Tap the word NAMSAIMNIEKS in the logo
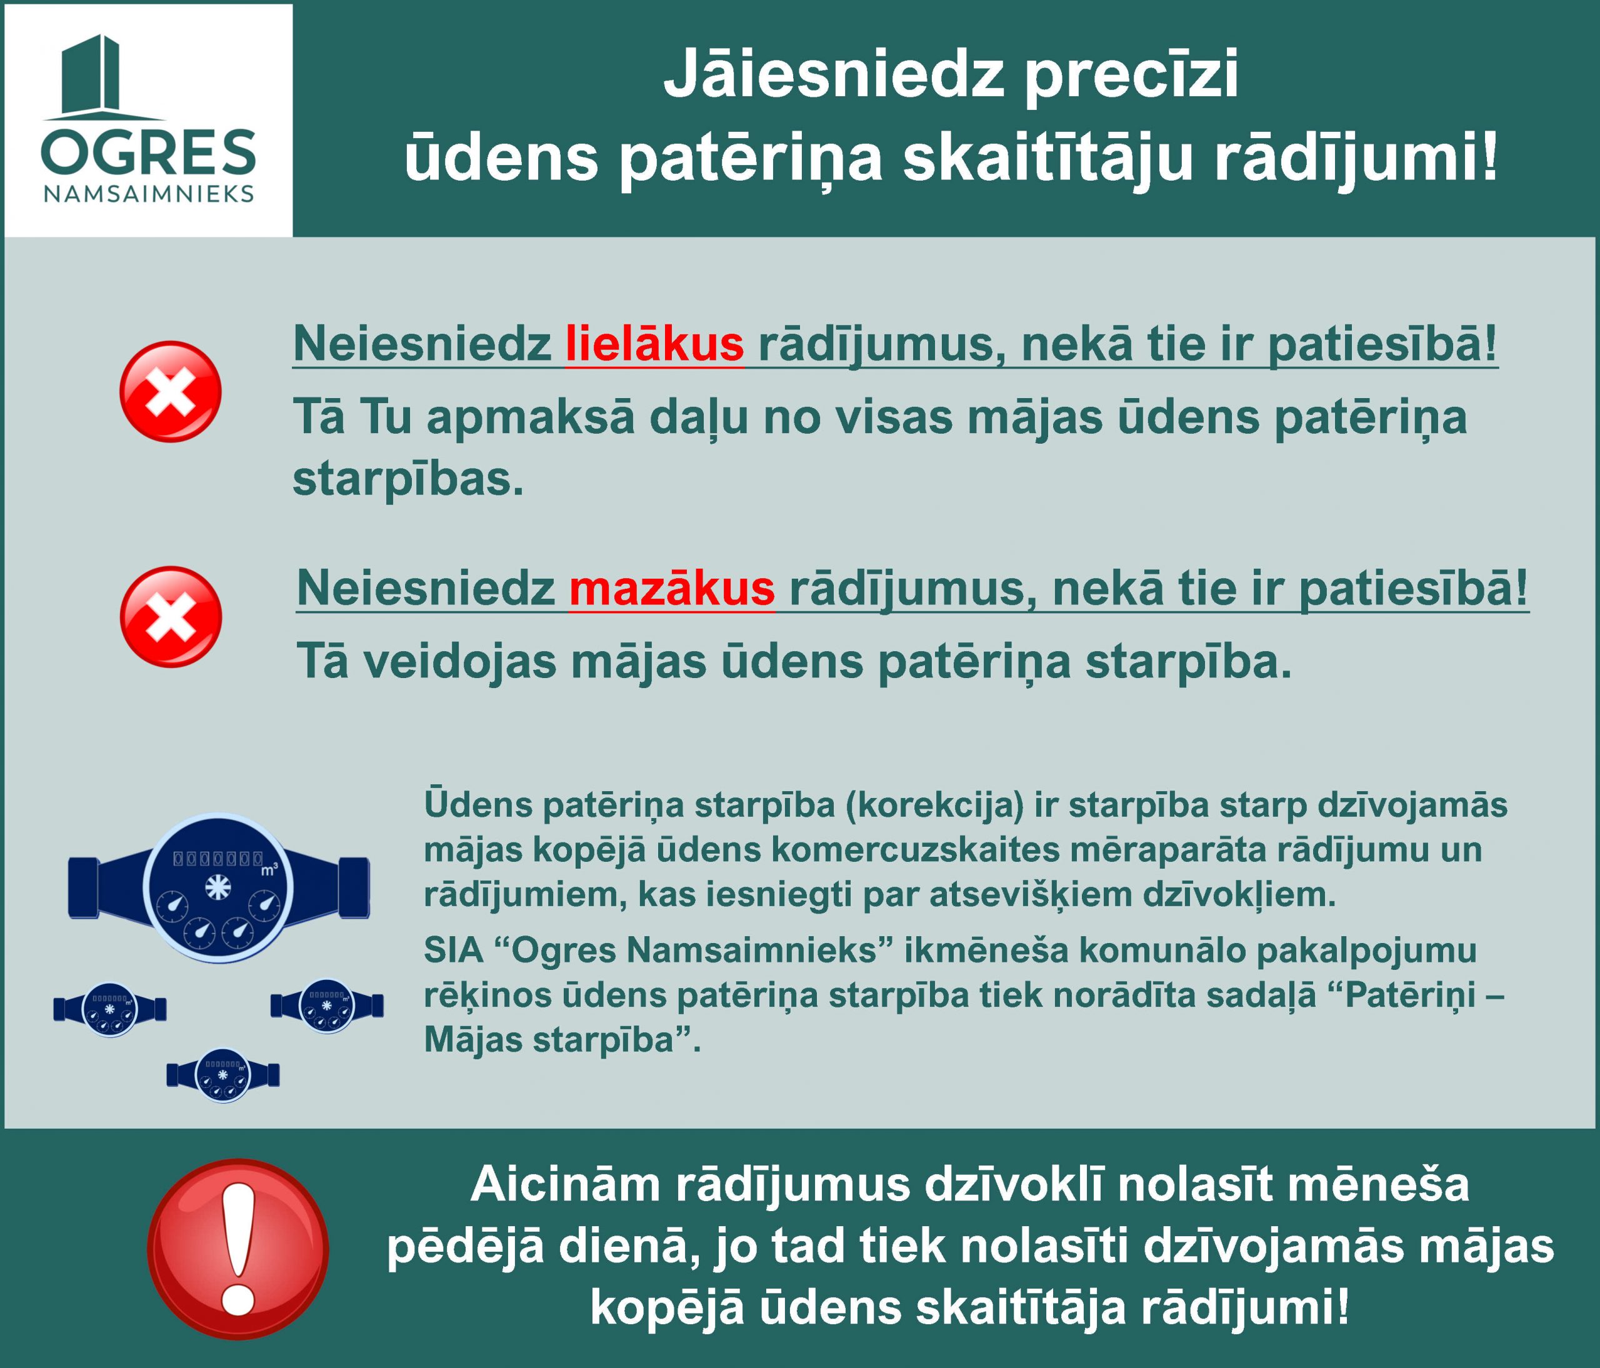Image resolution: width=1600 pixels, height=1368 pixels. pos(149,194)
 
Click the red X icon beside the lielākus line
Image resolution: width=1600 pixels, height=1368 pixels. pos(171,391)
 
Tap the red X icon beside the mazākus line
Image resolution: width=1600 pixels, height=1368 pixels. pos(171,617)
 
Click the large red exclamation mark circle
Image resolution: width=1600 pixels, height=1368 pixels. pos(238,1249)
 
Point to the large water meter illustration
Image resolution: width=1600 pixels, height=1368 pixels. pos(219,888)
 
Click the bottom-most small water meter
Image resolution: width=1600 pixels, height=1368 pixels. pos(223,1074)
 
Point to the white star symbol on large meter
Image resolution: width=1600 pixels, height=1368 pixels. pos(217,889)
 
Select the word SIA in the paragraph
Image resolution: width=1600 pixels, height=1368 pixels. pos(453,951)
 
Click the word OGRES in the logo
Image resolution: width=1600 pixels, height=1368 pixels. pos(148,153)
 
